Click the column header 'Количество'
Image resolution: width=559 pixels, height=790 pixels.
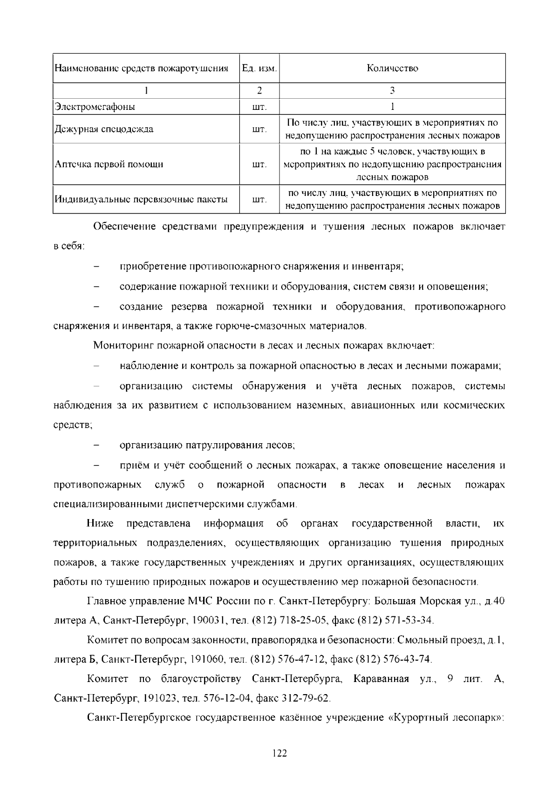(x=392, y=68)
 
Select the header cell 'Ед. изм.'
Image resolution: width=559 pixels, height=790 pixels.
(x=259, y=68)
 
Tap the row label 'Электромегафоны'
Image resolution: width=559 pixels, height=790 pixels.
(x=95, y=107)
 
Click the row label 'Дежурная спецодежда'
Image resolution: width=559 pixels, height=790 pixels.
(x=104, y=129)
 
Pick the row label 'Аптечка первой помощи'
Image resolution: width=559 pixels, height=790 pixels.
(x=109, y=164)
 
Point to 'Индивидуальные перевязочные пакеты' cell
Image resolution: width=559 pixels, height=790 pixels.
(x=141, y=200)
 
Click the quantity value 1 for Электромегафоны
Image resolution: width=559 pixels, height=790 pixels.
(x=392, y=107)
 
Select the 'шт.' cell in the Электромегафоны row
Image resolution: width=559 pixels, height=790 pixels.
(x=259, y=107)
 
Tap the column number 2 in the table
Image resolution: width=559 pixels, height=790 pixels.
(x=259, y=90)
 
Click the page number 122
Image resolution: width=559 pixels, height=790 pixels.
(x=279, y=753)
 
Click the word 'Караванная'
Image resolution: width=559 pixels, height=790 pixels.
(x=381, y=679)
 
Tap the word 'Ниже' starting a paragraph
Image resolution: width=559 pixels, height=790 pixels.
(x=100, y=524)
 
